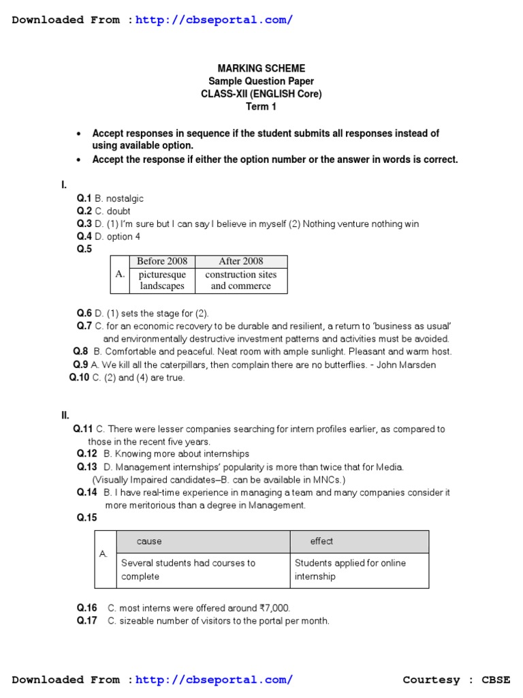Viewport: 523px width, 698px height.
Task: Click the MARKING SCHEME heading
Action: (261, 68)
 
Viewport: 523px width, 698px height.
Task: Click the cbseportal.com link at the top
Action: (215, 20)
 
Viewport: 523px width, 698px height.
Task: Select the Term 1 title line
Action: (261, 106)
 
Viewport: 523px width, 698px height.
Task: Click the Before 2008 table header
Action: (162, 262)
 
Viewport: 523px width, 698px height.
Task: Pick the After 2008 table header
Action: (241, 262)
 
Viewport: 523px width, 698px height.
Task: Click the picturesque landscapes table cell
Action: (162, 280)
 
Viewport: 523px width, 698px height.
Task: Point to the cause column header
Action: (149, 541)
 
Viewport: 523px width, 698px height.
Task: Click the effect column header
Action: (321, 541)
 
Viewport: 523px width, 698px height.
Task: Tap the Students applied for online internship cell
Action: (350, 570)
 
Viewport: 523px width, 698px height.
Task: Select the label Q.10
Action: (79, 378)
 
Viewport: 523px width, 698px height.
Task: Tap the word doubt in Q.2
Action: (118, 211)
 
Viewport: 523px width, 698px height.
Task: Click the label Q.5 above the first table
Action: (84, 249)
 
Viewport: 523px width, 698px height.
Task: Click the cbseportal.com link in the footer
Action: (215, 680)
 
